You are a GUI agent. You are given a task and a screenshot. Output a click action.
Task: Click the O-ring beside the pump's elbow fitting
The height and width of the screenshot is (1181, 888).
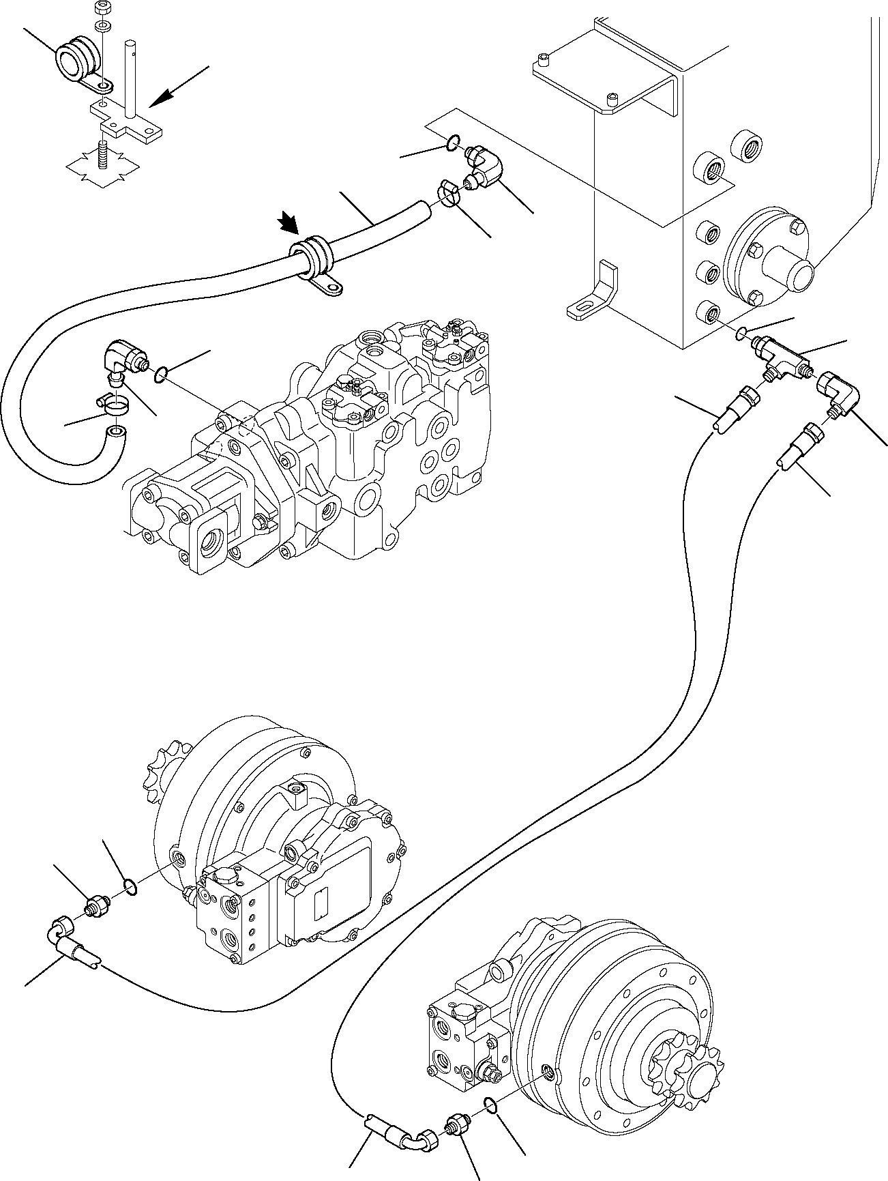[x=162, y=374]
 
